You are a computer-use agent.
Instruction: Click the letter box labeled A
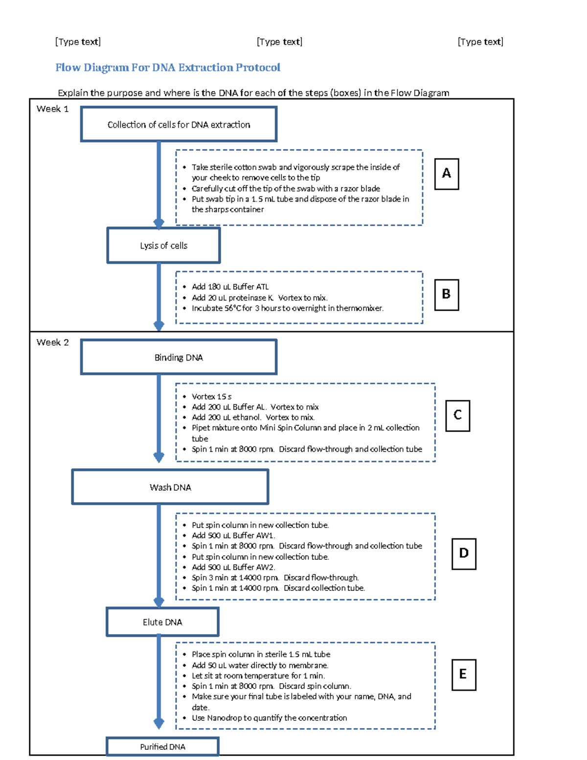click(446, 174)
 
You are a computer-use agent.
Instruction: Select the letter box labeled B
click(446, 295)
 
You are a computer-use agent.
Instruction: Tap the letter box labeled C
click(457, 415)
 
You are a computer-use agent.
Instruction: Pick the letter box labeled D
click(464, 553)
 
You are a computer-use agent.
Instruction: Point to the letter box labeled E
click(463, 674)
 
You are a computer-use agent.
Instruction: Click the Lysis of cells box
click(163, 245)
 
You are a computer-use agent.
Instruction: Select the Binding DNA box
click(179, 357)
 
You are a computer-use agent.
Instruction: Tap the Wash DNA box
click(170, 487)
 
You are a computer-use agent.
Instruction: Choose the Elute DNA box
click(162, 622)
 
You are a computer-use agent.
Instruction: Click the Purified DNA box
click(162, 747)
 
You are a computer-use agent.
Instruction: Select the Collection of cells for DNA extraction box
click(179, 124)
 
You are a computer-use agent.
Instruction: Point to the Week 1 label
click(52, 109)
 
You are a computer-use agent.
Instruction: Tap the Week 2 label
click(52, 342)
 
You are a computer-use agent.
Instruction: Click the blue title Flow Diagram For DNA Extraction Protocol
click(168, 68)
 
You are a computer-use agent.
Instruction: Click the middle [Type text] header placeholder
click(279, 42)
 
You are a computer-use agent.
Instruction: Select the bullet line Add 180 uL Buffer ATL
click(230, 287)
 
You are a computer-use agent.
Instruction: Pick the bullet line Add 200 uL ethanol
click(253, 417)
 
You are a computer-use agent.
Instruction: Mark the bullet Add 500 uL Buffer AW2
click(233, 567)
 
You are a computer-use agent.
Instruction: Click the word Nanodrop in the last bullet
click(224, 718)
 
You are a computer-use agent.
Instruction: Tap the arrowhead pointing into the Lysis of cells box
click(158, 224)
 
